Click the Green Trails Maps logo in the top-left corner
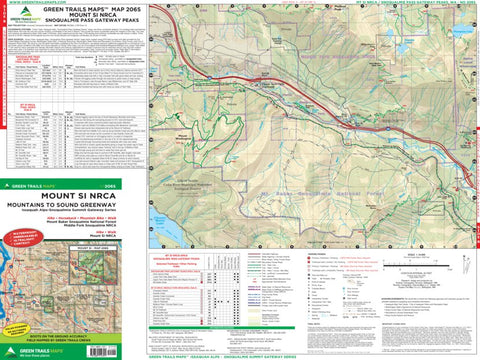coord(22,18)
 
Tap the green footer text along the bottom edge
coord(240,355)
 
